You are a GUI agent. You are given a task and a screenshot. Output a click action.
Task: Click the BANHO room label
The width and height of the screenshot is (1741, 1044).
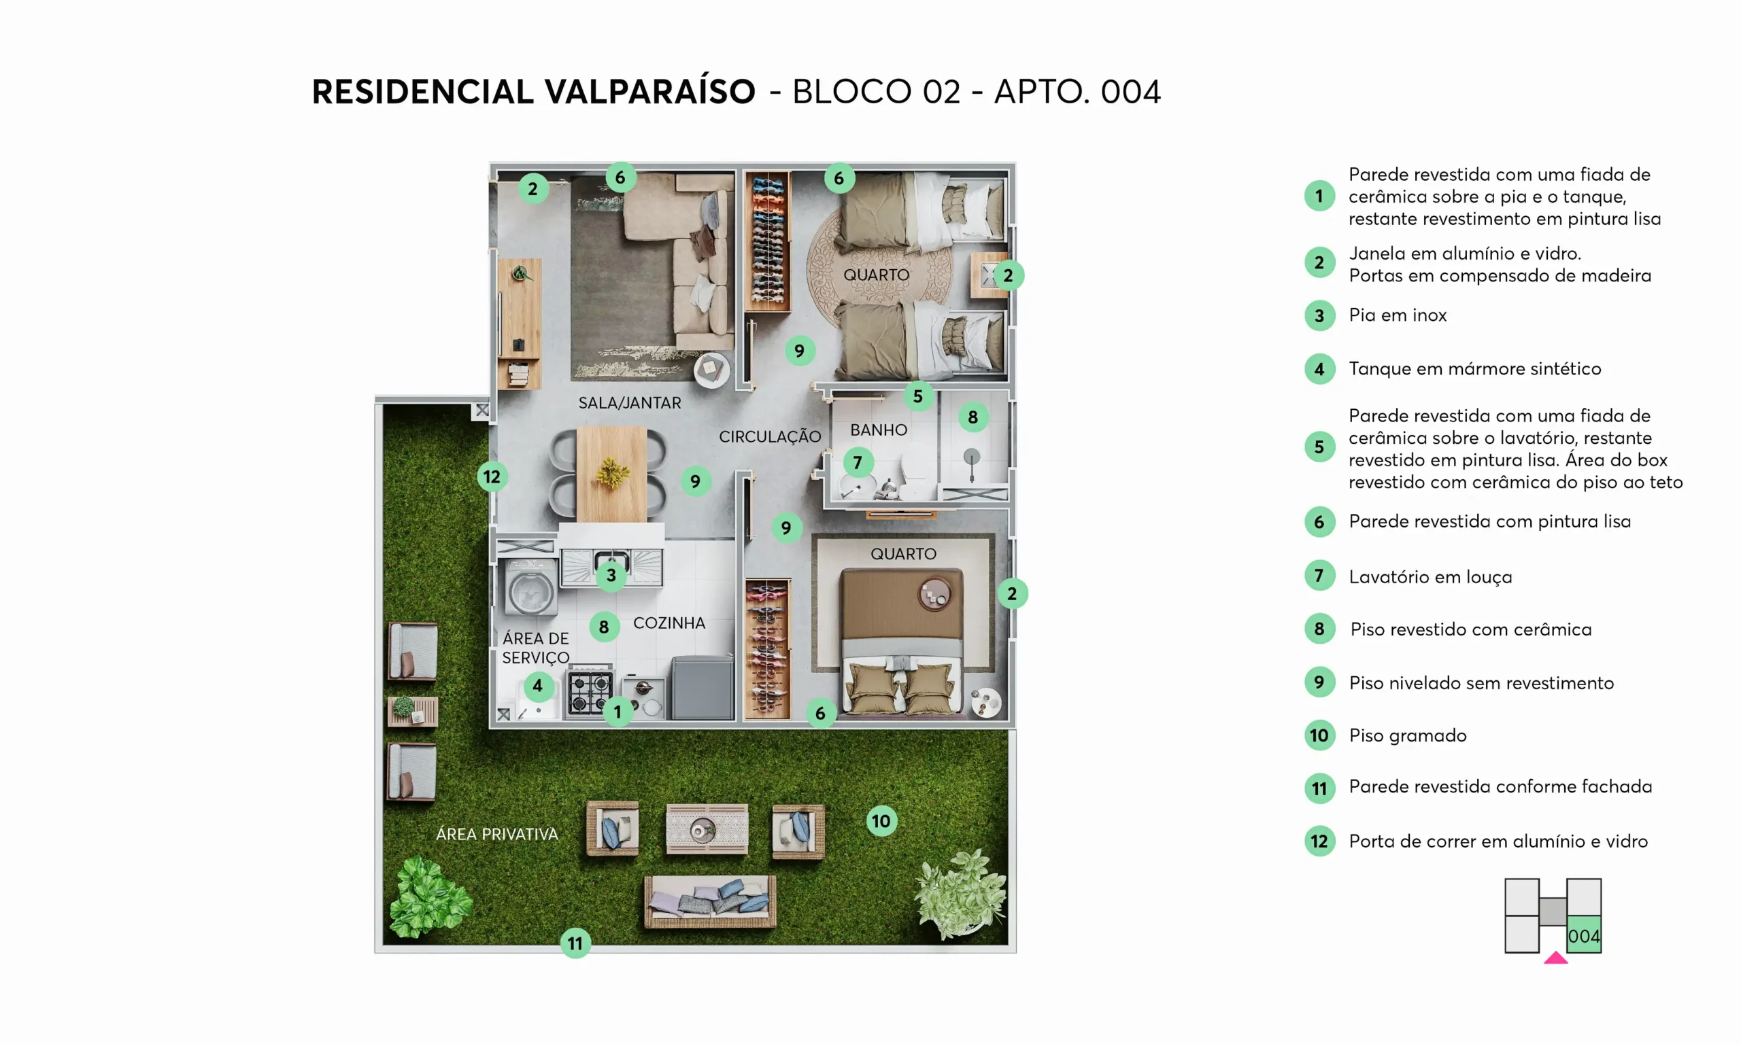[878, 430]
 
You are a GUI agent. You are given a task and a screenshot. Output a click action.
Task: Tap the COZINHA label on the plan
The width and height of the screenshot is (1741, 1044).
[669, 623]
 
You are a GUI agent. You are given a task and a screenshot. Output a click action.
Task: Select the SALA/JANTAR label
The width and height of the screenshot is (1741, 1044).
[630, 403]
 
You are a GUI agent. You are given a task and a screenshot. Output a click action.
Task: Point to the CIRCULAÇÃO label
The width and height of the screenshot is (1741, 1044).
[770, 436]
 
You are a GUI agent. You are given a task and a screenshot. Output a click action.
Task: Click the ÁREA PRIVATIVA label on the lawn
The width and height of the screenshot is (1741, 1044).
[497, 834]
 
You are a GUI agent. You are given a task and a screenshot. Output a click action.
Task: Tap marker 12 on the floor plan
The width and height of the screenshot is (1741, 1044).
[492, 477]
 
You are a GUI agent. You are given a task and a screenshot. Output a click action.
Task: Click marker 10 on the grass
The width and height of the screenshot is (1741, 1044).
[881, 821]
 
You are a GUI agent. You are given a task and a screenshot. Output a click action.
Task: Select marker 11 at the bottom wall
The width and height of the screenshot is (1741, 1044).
[575, 943]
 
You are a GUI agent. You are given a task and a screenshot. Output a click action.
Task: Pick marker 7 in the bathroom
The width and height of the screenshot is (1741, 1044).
[858, 462]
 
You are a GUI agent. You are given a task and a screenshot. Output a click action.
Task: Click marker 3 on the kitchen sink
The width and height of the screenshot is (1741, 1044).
[611, 576]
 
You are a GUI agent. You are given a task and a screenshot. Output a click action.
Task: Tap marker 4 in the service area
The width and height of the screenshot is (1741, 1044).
[538, 685]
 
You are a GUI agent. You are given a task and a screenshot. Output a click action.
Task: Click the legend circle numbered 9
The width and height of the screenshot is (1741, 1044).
[1319, 682]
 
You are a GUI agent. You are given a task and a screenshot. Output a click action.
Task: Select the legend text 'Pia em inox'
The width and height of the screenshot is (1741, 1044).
[1398, 315]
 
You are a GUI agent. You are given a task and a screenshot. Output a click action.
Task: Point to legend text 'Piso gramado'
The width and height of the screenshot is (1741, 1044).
[1408, 736]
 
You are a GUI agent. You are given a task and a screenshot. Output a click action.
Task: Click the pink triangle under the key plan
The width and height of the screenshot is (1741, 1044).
[1556, 958]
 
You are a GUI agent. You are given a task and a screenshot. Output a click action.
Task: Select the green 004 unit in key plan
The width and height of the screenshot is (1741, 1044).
[1584, 935]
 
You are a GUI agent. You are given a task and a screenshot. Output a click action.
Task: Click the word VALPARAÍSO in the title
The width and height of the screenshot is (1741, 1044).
[650, 92]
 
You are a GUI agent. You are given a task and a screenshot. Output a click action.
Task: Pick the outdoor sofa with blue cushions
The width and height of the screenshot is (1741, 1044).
[710, 901]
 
